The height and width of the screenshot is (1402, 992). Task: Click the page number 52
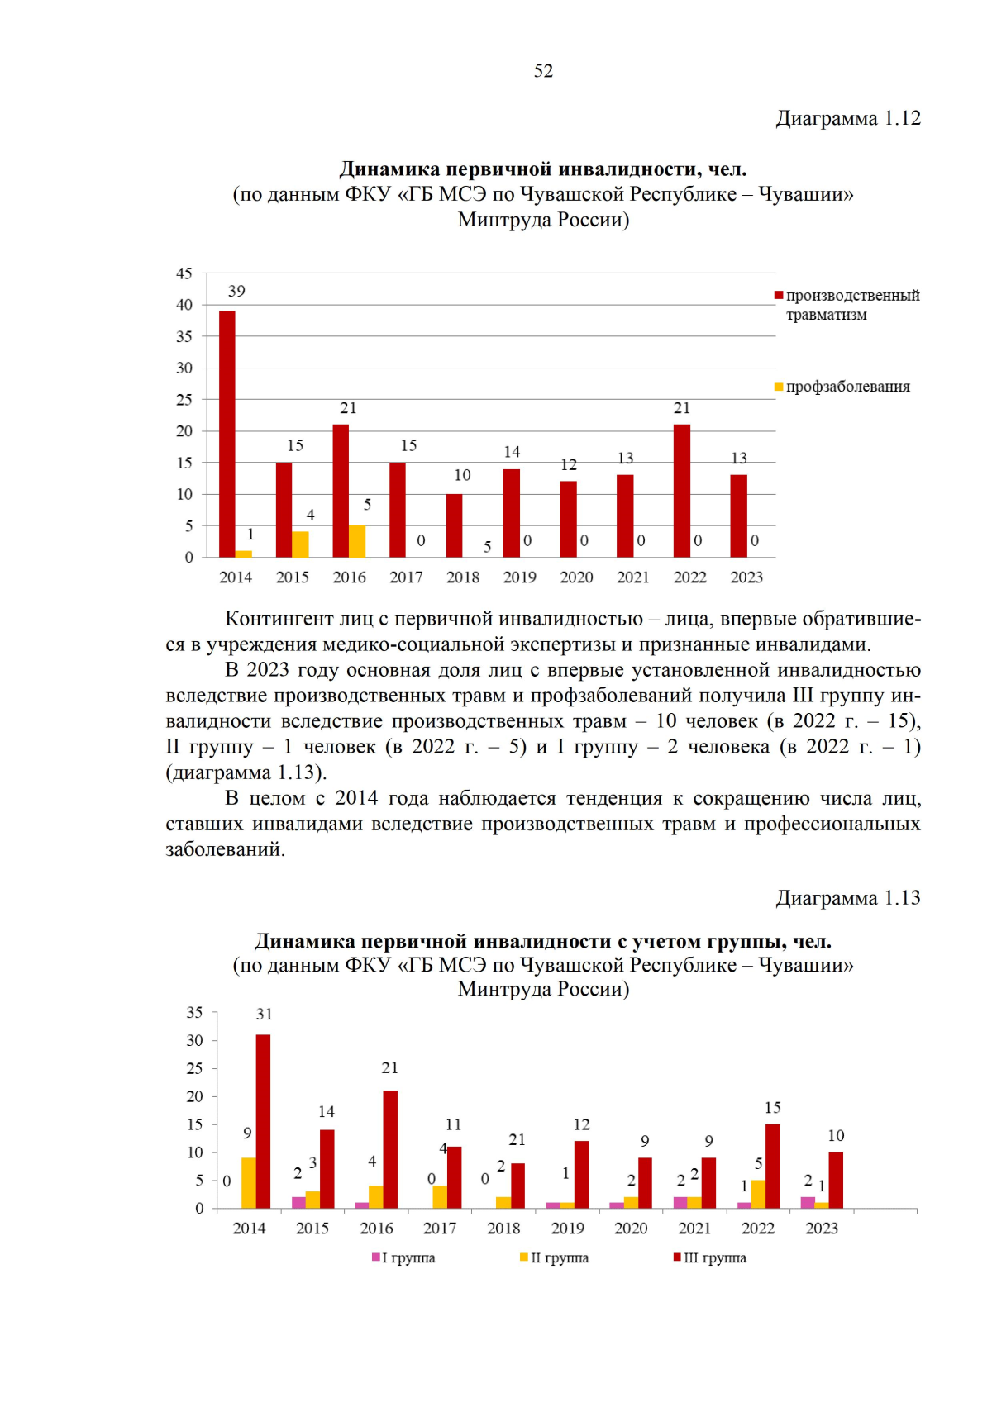[x=543, y=71]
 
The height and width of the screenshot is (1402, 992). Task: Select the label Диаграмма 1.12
[x=847, y=118]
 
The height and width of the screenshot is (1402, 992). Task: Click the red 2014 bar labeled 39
[x=227, y=434]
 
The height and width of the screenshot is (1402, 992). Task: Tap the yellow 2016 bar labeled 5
[x=357, y=541]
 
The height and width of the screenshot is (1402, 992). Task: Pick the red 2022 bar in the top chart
[x=682, y=491]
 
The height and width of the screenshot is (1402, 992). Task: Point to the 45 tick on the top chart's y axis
[x=184, y=273]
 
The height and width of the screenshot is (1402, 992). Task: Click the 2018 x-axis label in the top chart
[x=463, y=577]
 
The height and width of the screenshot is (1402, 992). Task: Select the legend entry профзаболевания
[x=847, y=387]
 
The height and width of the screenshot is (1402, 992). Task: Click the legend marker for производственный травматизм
[x=779, y=296]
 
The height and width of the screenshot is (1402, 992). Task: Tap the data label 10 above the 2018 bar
[x=462, y=475]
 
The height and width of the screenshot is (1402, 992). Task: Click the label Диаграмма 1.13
[x=847, y=898]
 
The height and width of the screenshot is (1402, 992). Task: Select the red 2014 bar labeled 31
[x=264, y=1121]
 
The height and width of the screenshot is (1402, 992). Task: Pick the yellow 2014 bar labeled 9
[x=249, y=1182]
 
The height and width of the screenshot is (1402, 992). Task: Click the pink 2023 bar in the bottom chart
[x=808, y=1202]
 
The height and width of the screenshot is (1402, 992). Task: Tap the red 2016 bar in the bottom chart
[x=390, y=1149]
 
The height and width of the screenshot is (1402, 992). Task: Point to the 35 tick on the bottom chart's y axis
[x=194, y=1013]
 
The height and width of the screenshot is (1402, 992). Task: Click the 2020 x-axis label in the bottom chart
[x=631, y=1229]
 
